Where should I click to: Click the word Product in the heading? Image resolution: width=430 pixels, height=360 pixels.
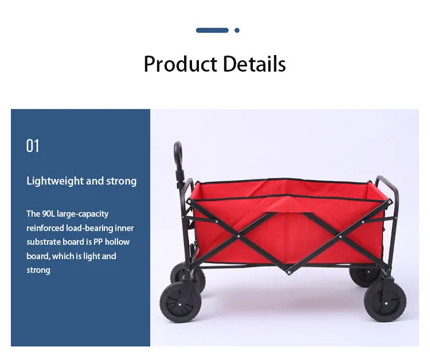tap(180, 64)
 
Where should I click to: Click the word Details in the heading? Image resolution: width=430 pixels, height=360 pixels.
tap(255, 64)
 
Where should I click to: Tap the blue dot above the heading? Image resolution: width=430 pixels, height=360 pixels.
tap(237, 30)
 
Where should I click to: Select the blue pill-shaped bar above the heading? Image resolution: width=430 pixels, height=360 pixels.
tap(212, 30)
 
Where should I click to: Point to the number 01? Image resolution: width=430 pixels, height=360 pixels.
tap(33, 146)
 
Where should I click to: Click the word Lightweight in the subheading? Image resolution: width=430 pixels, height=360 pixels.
tap(55, 181)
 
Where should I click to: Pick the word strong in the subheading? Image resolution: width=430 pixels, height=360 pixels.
tap(121, 182)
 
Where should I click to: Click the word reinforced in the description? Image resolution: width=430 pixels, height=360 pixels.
tap(45, 228)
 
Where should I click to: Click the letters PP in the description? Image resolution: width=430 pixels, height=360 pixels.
tap(98, 242)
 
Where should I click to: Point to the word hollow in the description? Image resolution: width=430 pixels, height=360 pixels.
tap(117, 242)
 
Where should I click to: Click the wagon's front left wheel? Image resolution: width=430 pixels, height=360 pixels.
tap(180, 303)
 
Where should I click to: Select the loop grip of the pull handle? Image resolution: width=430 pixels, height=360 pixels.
tap(178, 154)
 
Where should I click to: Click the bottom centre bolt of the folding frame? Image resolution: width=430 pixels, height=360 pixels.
tap(289, 272)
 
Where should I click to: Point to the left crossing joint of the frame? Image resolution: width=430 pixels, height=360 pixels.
tap(239, 236)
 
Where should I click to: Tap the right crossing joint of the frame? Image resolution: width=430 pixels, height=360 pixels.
tap(341, 236)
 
